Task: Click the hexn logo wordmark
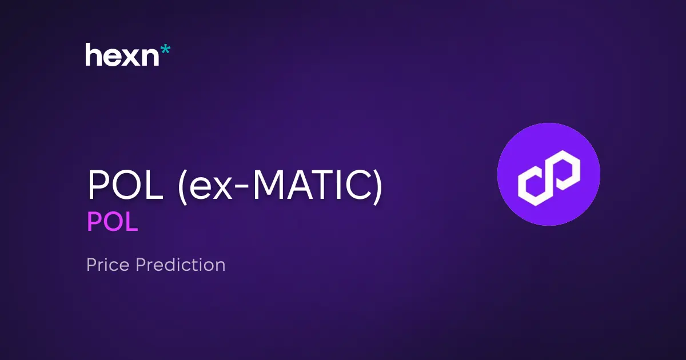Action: coord(122,55)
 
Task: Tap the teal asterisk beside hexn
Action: coord(165,50)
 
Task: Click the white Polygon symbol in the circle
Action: coord(549,174)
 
